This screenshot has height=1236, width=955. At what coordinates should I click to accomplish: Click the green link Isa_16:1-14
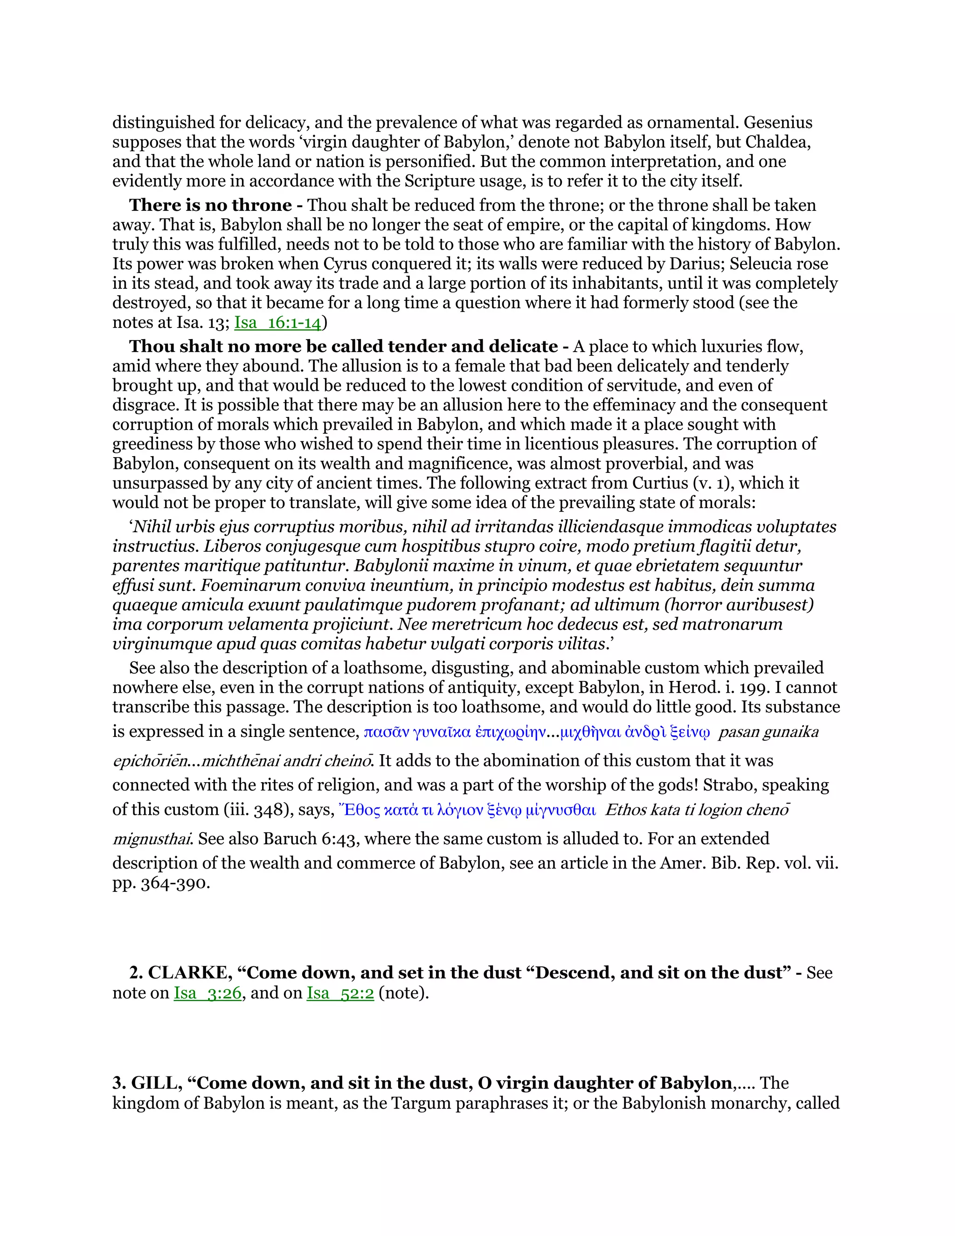point(278,323)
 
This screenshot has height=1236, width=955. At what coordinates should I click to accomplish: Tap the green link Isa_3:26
point(208,993)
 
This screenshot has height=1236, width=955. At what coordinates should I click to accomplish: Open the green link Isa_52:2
point(340,993)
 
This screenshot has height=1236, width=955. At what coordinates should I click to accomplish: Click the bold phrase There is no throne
point(210,205)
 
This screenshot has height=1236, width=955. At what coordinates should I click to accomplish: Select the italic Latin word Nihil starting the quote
point(152,527)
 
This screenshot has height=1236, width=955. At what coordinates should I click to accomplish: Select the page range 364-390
point(175,883)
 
